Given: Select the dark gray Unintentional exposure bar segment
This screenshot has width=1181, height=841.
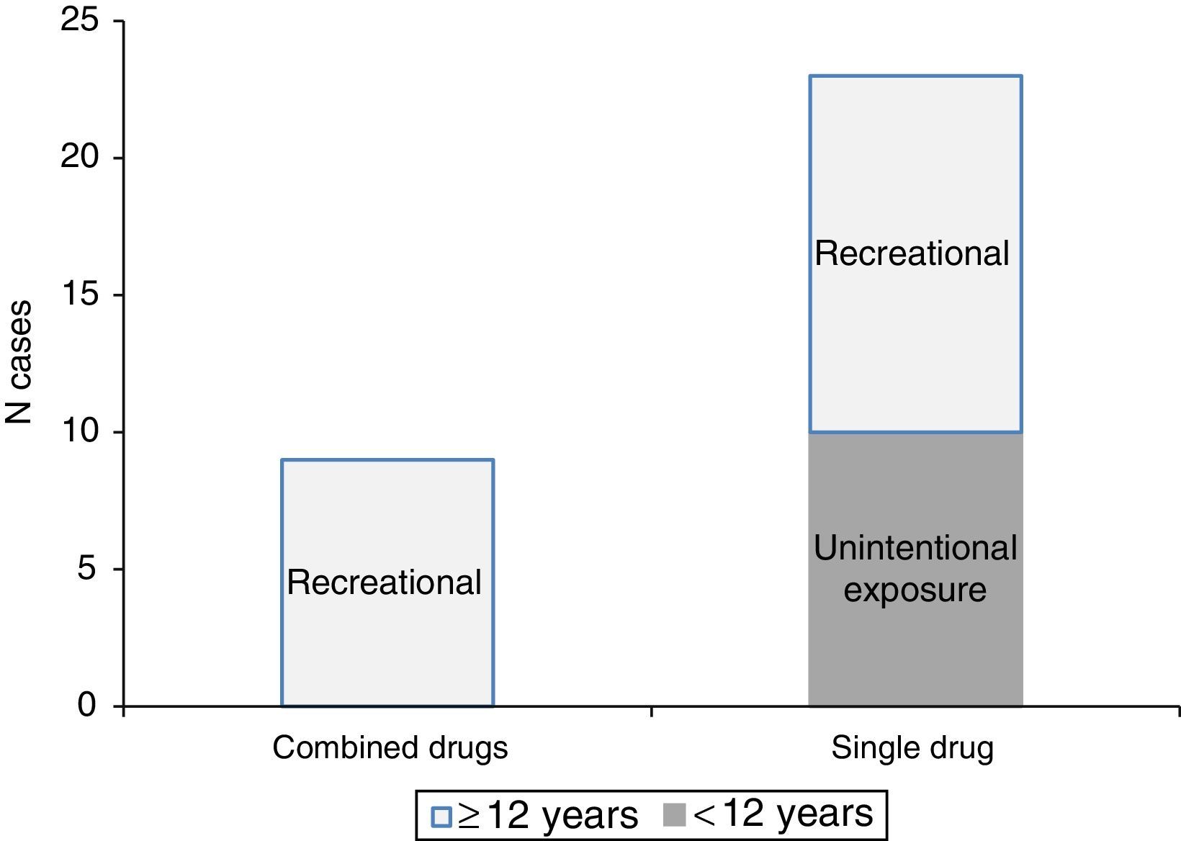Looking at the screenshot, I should (915, 648).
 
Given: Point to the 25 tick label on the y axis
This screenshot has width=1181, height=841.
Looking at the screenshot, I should (78, 21).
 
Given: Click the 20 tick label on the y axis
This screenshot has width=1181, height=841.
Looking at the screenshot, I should (78, 158).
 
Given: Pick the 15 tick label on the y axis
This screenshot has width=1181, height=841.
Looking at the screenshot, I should (78, 294).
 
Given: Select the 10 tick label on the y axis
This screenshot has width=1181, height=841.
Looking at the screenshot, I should (78, 431).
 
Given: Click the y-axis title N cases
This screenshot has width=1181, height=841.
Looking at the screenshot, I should (19, 361).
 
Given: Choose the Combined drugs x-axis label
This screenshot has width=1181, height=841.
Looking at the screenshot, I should (390, 748).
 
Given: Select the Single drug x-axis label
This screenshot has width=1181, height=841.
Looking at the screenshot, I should (912, 748).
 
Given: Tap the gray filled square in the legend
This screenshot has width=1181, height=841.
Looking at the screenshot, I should (673, 815).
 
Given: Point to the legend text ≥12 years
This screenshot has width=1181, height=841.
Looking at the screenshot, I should (547, 816).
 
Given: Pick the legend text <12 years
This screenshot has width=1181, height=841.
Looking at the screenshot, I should (783, 814).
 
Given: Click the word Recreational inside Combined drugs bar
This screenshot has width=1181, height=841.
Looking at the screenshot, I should (384, 582).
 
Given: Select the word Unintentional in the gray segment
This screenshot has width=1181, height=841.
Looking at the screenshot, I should (915, 549).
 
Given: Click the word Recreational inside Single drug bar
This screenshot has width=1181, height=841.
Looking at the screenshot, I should (912, 254).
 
